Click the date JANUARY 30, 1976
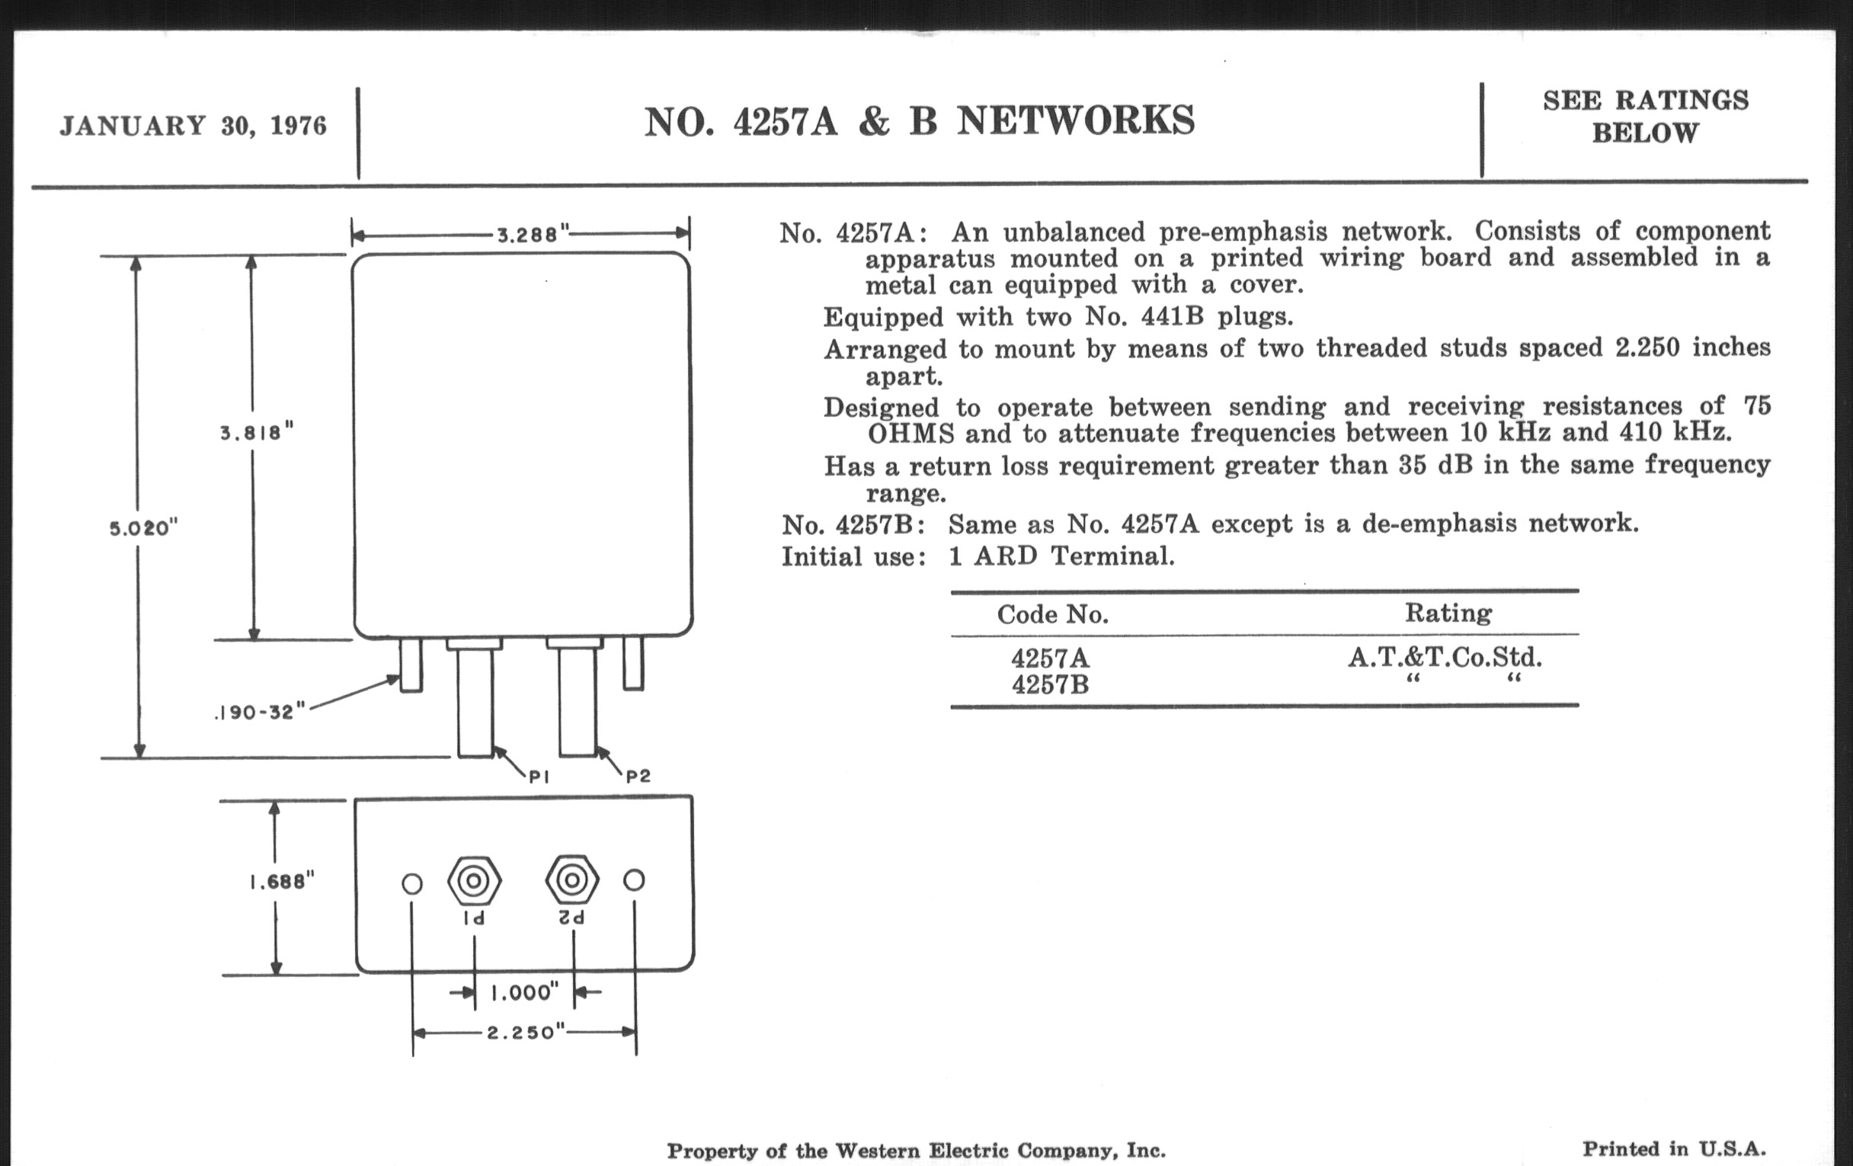pos(194,126)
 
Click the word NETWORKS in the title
pos(1076,122)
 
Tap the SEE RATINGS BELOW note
pos(1645,116)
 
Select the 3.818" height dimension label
pos(256,433)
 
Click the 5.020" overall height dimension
pos(143,528)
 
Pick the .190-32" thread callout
pos(260,712)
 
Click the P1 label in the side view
pos(539,777)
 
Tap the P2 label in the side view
pos(638,777)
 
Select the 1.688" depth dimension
pos(282,881)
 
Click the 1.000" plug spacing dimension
pos(525,993)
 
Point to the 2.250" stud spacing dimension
pos(526,1032)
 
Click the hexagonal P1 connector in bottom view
pos(474,880)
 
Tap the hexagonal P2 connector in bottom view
pos(571,879)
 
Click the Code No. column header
pos(1053,614)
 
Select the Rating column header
pos(1448,613)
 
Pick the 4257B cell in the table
pos(1050,684)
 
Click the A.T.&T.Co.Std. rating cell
pos(1445,657)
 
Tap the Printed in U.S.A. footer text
pos(1674,1149)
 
